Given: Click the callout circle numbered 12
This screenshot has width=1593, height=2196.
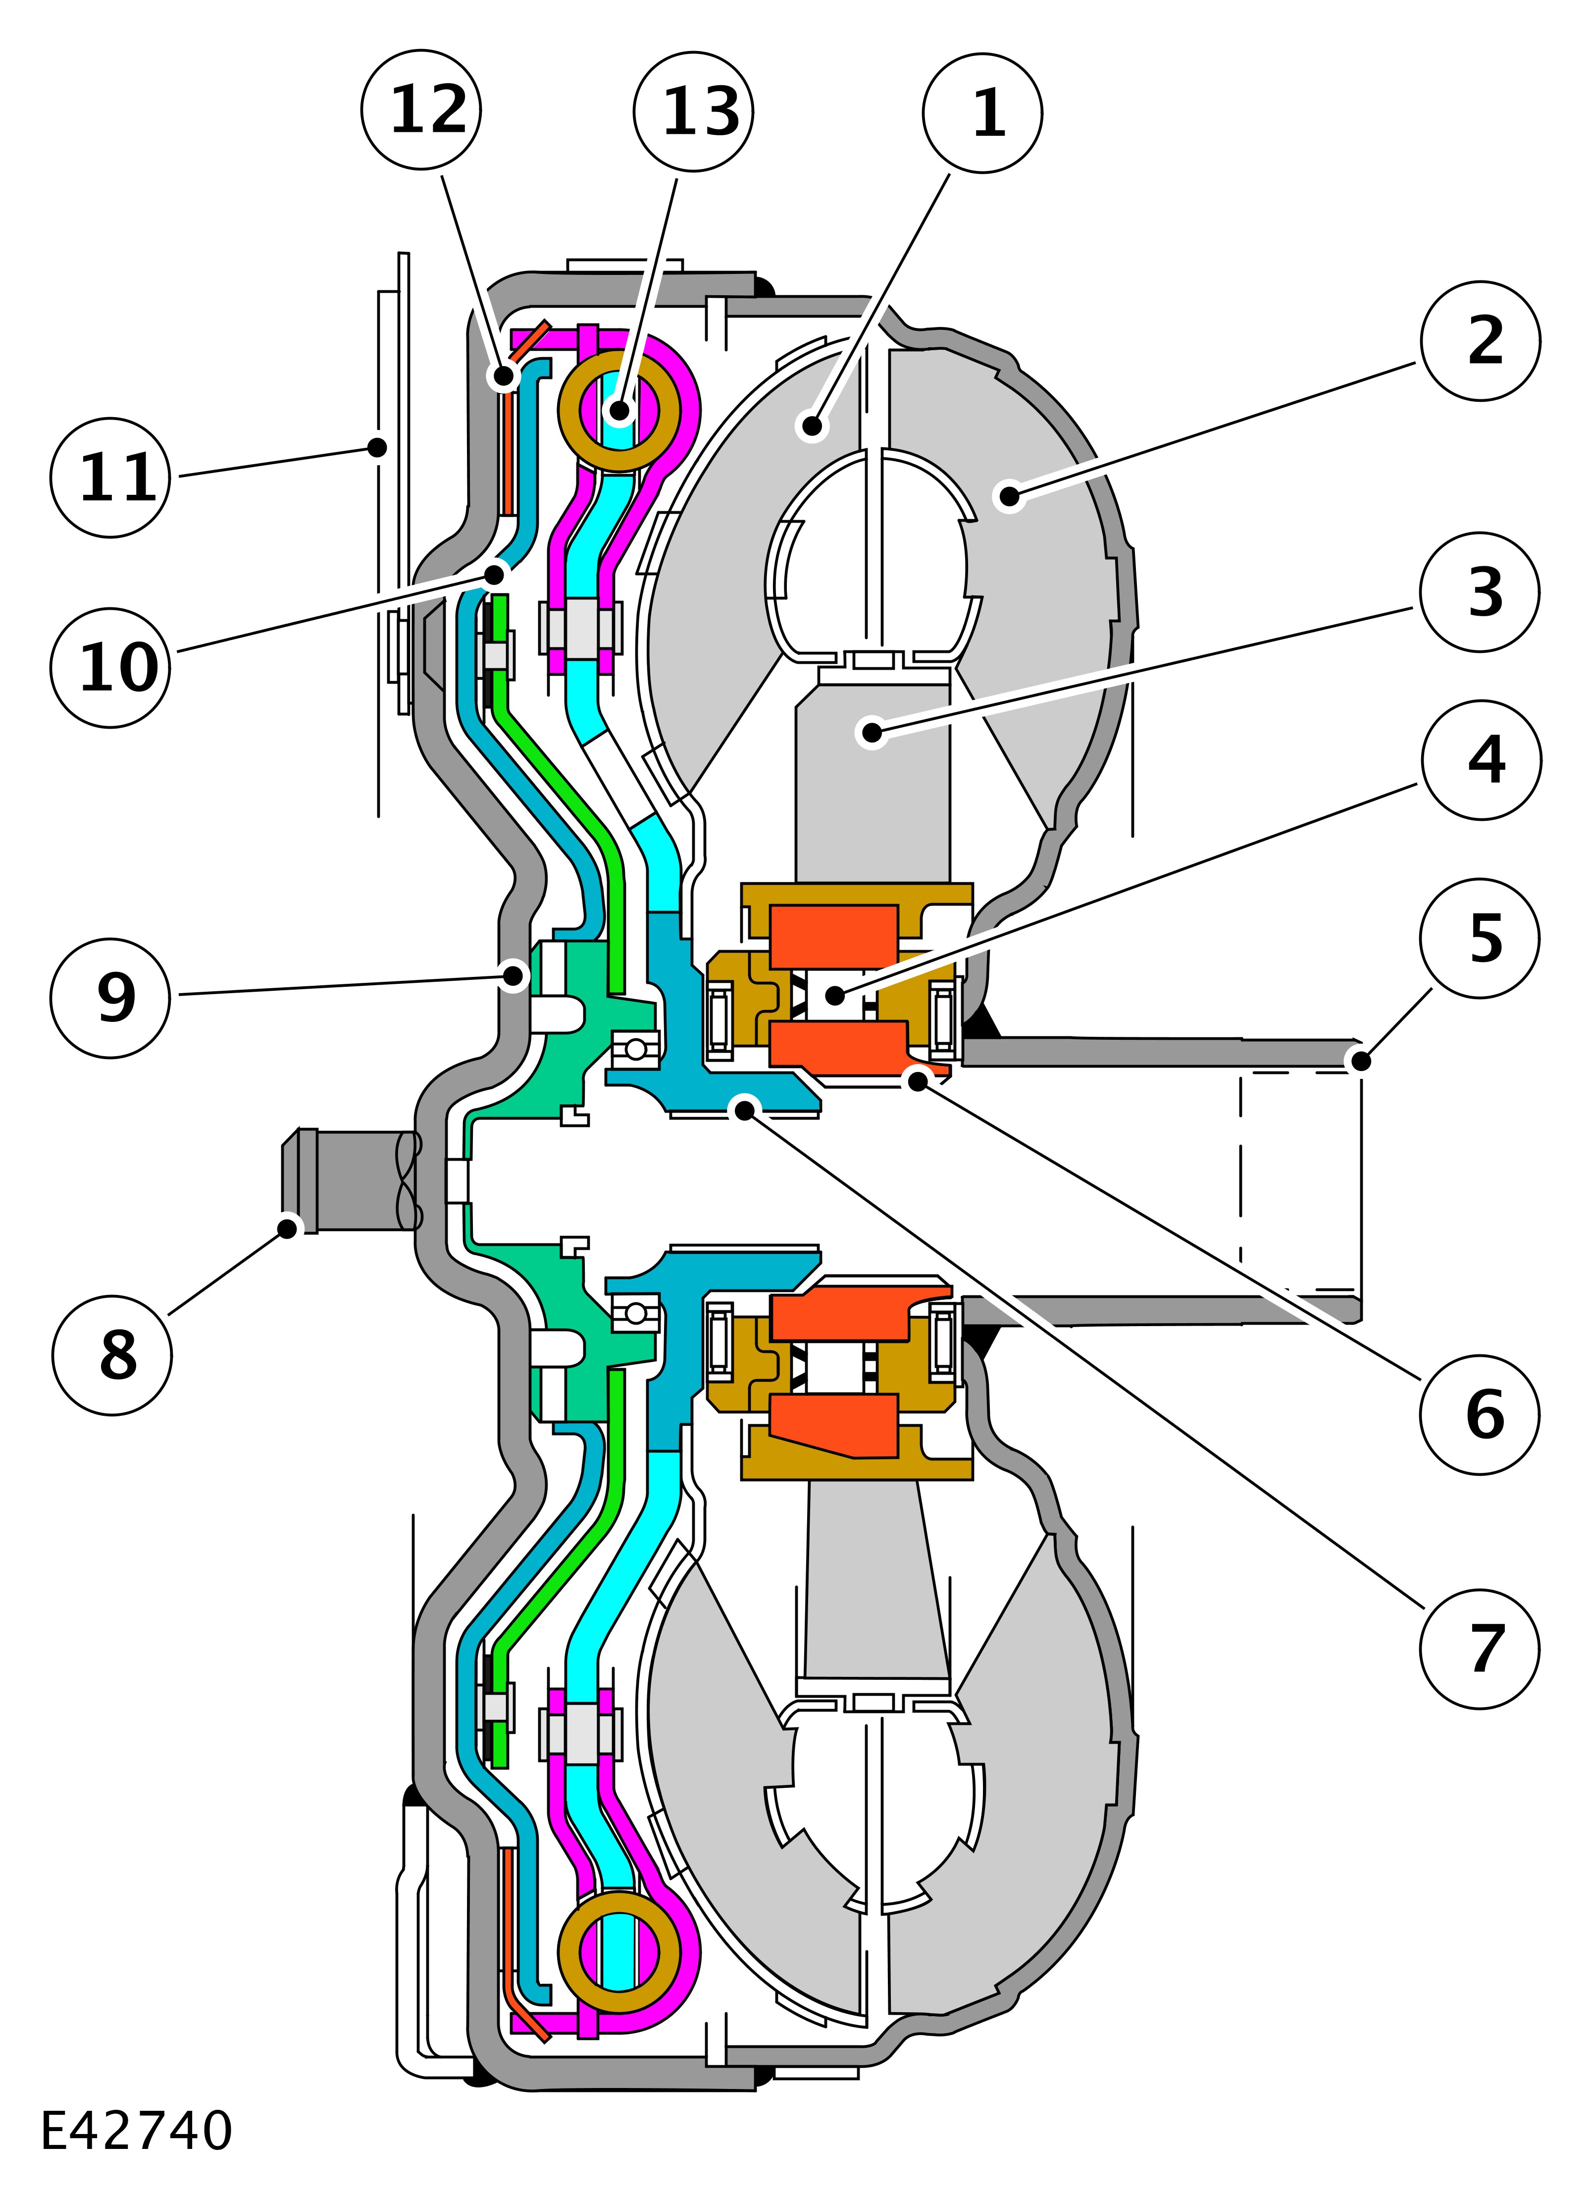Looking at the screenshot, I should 421,109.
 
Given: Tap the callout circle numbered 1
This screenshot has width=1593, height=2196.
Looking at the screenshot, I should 982,113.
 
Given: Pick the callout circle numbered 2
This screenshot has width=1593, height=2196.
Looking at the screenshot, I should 1480,341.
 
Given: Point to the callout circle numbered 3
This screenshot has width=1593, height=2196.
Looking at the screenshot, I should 1480,591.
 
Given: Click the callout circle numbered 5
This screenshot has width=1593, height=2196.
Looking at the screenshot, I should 1480,938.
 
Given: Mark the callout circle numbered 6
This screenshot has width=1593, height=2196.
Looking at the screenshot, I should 1480,1415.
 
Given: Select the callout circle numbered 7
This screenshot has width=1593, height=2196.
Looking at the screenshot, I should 1480,1649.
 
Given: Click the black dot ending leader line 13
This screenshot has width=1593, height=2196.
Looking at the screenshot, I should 619,411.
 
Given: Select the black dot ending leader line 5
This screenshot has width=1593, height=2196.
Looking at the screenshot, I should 1361,1061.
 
